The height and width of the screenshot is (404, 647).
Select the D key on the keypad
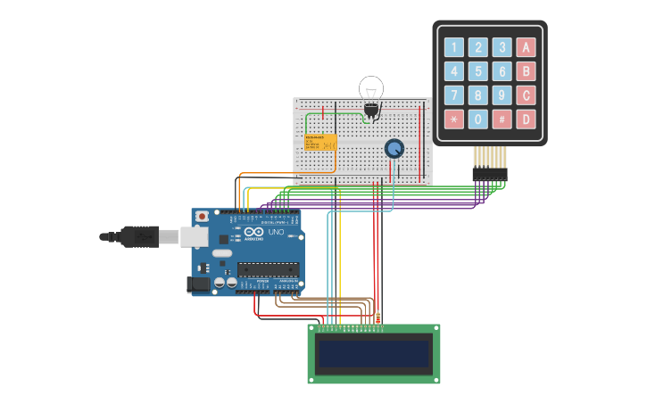tap(527, 119)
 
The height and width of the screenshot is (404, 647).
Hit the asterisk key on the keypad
tap(454, 119)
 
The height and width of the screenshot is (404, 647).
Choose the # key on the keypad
tap(502, 119)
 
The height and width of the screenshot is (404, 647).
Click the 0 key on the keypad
tap(478, 119)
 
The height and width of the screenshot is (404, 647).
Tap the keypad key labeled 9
tap(502, 95)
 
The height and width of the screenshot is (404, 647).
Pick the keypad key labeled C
tap(527, 95)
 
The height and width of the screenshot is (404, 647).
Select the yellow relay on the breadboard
tap(320, 143)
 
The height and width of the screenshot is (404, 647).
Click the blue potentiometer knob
tap(394, 148)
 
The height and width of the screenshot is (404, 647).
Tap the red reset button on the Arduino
tap(203, 216)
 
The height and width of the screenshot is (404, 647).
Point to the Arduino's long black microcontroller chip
tap(267, 268)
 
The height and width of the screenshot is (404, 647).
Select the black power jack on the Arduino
tap(199, 284)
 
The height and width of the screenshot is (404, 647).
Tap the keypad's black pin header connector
tap(489, 173)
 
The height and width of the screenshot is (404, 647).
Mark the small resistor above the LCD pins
tap(378, 317)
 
